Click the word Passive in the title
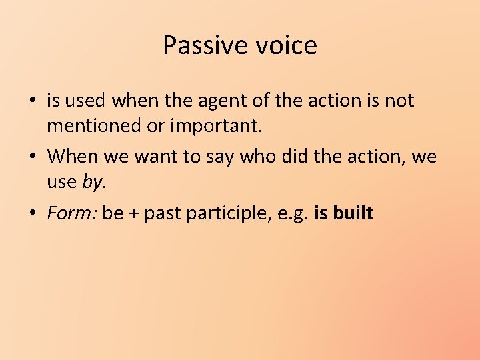pyautogui.click(x=196, y=46)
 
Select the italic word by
pyautogui.click(x=93, y=181)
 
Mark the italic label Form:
pyautogui.click(x=71, y=213)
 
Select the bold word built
pyautogui.click(x=353, y=213)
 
